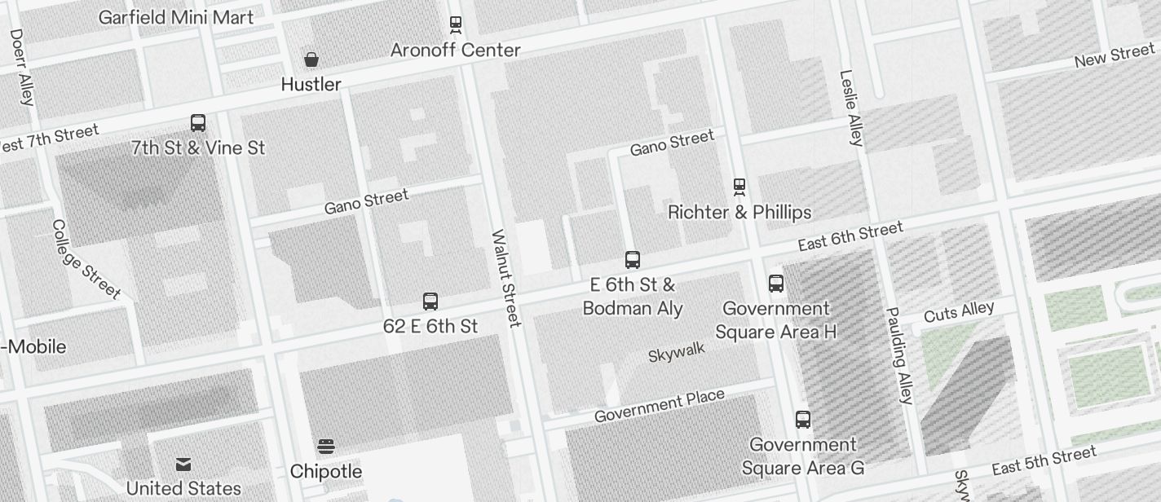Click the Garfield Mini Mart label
(x=175, y=17)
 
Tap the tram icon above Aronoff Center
(x=456, y=25)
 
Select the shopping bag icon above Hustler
(x=311, y=59)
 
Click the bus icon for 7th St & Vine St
(x=198, y=123)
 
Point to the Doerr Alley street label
(x=22, y=68)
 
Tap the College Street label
(x=86, y=258)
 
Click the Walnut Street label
(x=505, y=279)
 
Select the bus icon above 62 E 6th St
(x=430, y=302)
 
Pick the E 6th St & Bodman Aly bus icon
(x=633, y=260)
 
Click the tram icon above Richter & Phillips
(x=739, y=187)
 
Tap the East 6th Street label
(x=850, y=236)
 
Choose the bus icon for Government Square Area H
(x=776, y=284)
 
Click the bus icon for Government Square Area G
(x=803, y=420)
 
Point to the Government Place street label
(x=659, y=406)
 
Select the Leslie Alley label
(x=850, y=108)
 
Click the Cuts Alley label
(x=959, y=312)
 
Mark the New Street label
(x=1114, y=55)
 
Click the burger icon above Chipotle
(x=326, y=447)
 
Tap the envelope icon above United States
(x=183, y=465)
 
